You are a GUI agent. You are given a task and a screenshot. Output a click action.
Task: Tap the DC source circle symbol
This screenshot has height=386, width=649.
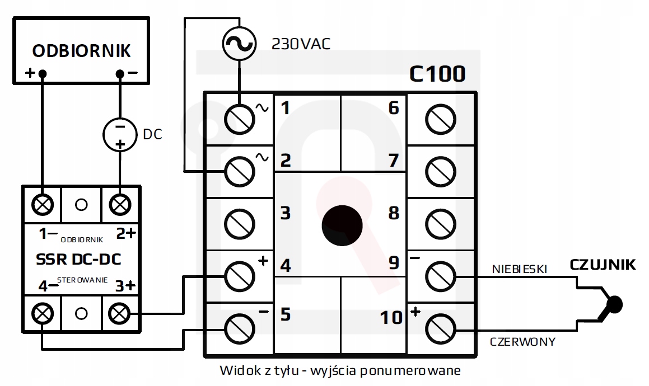click(120, 134)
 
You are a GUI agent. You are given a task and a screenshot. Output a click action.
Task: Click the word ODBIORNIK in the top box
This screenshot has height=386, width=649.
click(82, 51)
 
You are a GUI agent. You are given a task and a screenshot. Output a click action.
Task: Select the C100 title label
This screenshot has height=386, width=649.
click(437, 74)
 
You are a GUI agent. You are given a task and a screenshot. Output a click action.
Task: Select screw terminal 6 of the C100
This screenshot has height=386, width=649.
click(441, 118)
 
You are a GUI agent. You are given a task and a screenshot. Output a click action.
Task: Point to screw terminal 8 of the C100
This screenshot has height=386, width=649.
click(441, 223)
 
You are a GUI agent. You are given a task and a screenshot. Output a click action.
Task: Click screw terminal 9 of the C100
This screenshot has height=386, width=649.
click(441, 275)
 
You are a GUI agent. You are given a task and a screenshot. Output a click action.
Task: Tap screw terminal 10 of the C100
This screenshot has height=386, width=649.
click(441, 328)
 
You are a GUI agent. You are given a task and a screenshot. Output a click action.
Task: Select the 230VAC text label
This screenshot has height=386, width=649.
click(301, 44)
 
